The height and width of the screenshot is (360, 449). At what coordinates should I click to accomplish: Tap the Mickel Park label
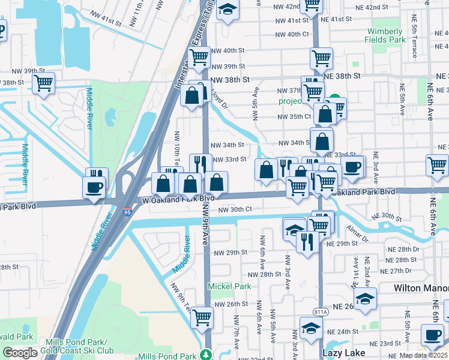229,286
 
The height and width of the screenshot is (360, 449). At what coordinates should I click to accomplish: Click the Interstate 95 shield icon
127,212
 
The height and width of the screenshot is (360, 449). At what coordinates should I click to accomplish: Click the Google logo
20,353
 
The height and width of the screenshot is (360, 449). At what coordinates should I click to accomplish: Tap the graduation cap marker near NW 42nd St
228,10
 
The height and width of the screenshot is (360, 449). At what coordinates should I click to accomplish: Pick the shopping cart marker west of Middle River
43,84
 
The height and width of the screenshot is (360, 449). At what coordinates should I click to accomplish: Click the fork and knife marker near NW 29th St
306,241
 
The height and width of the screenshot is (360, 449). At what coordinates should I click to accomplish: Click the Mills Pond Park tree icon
206,354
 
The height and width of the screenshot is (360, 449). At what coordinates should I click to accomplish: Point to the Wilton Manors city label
421,288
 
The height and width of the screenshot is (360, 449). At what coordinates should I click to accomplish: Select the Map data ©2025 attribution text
424,355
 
